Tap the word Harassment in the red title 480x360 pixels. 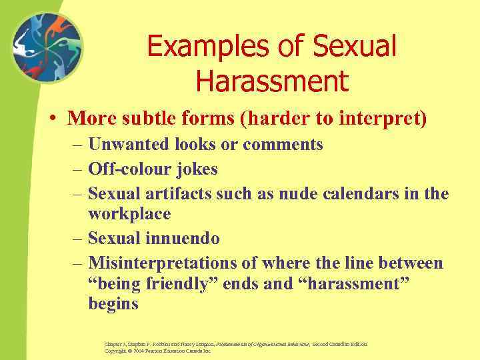coord(272,82)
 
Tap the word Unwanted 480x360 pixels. coord(129,145)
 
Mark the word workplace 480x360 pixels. coord(129,214)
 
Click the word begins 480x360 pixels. coord(113,305)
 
